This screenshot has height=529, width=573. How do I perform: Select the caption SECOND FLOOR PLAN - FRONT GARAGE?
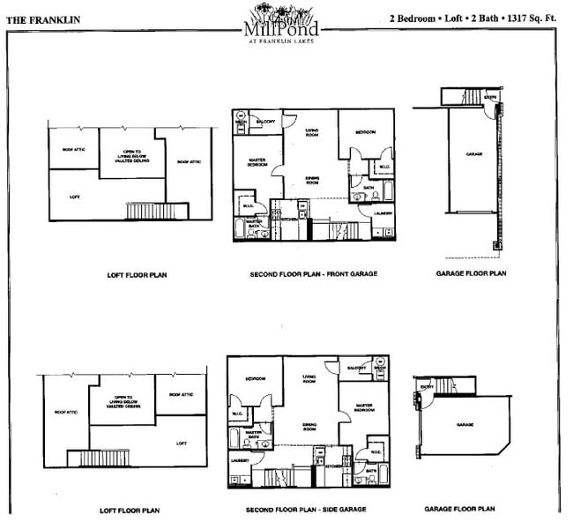pos(313,274)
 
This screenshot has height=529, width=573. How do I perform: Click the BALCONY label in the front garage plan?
pos(265,121)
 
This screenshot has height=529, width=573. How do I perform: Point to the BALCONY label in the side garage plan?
pos(356,367)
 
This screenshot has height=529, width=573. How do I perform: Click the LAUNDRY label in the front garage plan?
pos(383,212)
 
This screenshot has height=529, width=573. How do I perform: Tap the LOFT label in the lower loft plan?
pos(182,443)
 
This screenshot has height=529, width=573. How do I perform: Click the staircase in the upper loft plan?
pos(156,211)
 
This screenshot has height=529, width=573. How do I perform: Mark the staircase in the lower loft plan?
pos(96,458)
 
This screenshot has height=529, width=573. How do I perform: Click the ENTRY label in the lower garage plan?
pos(427,386)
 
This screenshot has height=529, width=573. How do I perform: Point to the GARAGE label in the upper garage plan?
pos(474,154)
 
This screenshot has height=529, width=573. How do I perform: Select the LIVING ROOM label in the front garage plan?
pos(311,134)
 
